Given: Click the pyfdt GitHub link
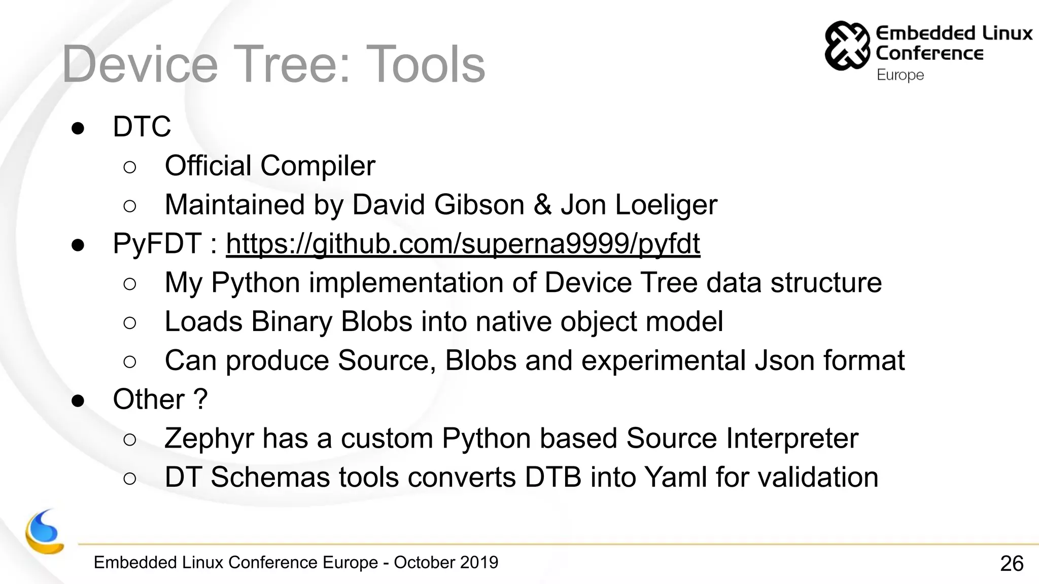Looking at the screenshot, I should [x=463, y=244].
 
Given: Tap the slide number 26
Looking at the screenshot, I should [x=1012, y=563].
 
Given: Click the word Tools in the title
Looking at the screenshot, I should [x=425, y=64].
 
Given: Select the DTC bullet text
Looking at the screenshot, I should [x=142, y=126].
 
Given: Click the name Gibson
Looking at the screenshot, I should [x=479, y=205].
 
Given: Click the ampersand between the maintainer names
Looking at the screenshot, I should [x=542, y=205].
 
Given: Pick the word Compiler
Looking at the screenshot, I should [x=318, y=166].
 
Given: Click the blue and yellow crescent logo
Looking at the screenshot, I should [x=44, y=532].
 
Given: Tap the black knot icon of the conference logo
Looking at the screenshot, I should [x=846, y=46].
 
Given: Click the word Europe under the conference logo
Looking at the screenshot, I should [x=900, y=75].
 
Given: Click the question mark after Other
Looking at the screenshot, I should [x=201, y=399].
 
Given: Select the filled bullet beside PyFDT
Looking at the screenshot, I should [x=78, y=245].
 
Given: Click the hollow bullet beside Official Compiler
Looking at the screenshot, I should [x=130, y=167].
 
